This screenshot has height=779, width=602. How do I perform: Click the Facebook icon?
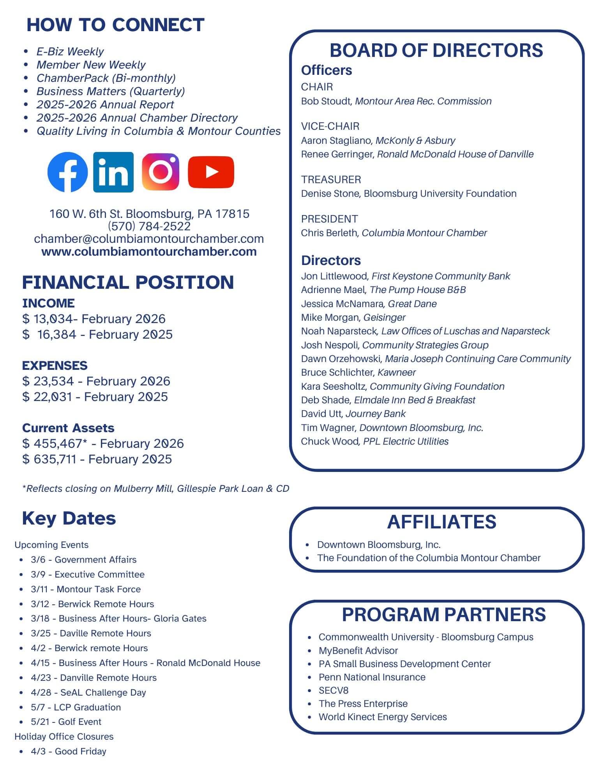67,172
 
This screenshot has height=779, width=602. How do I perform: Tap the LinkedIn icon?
113,172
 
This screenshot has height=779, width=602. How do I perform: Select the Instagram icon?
161,172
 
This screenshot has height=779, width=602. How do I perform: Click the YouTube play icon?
211,172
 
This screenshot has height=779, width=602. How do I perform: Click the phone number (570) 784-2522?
149,226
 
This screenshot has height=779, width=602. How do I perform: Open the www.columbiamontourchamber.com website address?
149,251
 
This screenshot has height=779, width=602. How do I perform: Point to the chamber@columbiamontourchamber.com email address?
149,238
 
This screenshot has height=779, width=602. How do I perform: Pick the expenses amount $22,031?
47,397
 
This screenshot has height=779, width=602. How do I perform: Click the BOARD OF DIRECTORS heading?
436,50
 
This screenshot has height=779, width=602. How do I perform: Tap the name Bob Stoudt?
326,101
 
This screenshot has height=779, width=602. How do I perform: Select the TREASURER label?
331,180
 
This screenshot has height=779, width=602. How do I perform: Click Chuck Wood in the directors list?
329,442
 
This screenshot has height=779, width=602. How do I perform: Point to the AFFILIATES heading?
441,522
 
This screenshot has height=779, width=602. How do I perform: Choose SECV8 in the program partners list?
334,690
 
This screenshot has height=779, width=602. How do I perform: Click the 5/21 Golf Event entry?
66,722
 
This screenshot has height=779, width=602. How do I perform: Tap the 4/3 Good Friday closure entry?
69,751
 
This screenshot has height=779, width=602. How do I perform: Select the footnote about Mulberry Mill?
156,489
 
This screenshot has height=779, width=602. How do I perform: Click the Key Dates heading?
69,518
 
